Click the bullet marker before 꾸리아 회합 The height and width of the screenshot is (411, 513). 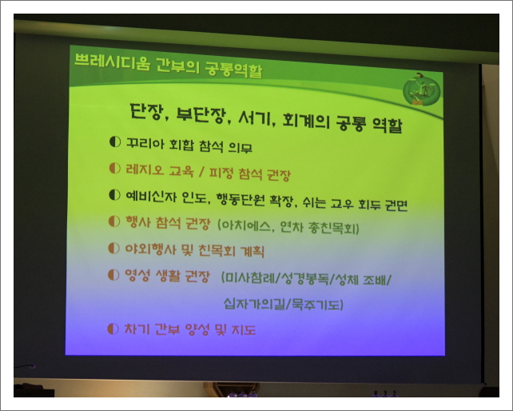tap(113, 142)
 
